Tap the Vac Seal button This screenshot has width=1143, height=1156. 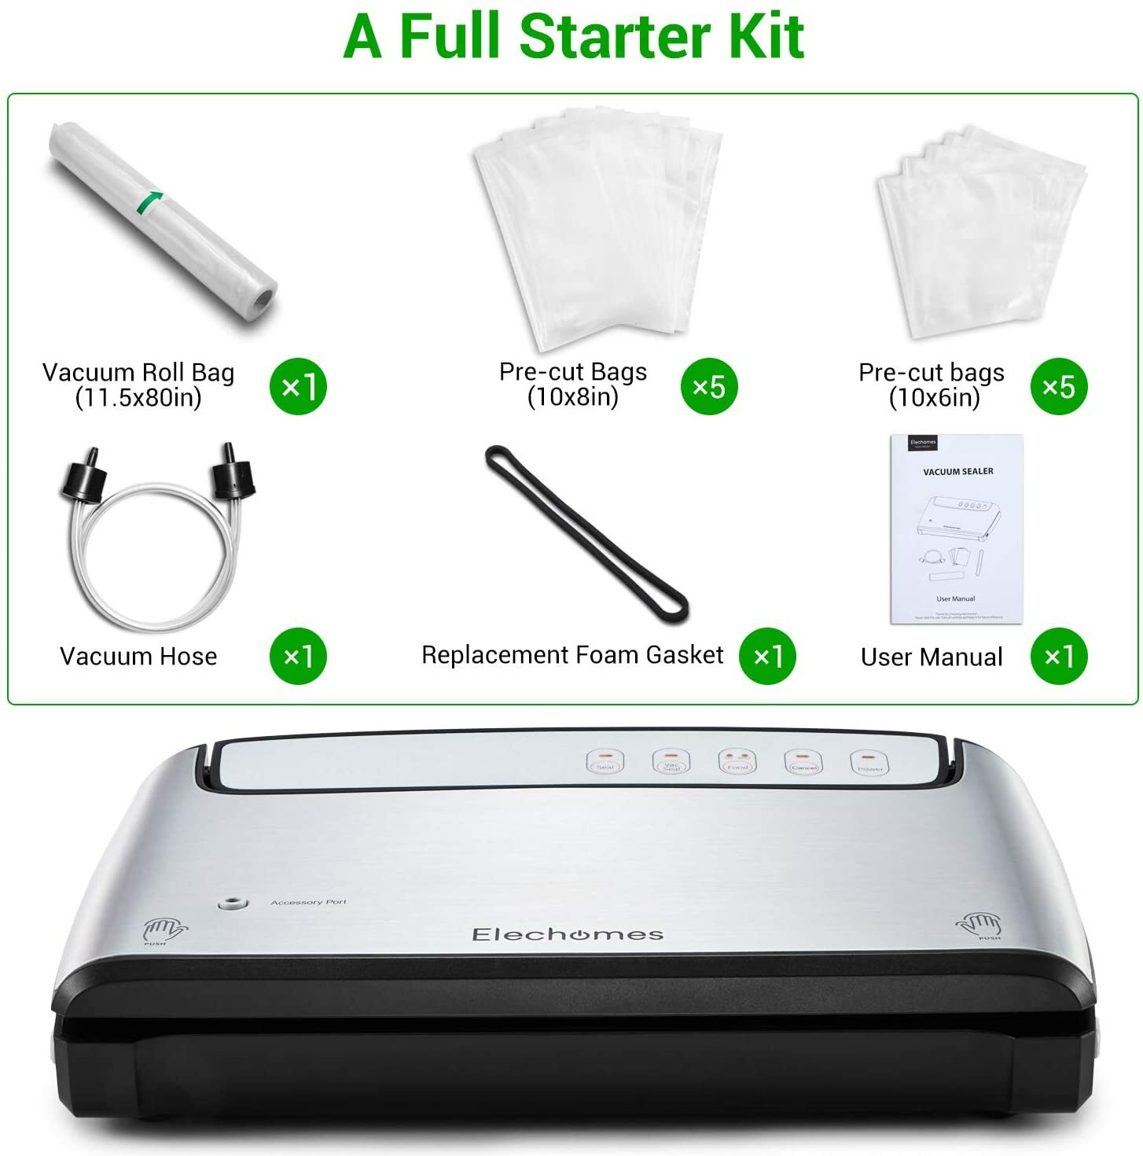pos(671,761)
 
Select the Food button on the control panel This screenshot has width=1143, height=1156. pos(737,761)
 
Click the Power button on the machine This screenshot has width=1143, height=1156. pos(869,762)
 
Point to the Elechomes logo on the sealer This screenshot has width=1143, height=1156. pos(568,934)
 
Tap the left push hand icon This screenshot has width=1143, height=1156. pos(163,931)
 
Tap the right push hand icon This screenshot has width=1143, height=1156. pos(978,924)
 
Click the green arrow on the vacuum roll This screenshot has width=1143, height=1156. pos(150,201)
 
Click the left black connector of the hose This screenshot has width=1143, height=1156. pos(83,477)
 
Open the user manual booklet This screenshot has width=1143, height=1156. pos(956,528)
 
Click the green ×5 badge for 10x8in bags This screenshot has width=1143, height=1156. pos(709,386)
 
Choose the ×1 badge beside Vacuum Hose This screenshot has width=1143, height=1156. pos(298,656)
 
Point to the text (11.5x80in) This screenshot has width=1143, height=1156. pos(138,398)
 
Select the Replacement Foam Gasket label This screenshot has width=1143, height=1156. pos(571,655)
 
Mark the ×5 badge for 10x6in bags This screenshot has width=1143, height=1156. pos(1059,386)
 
